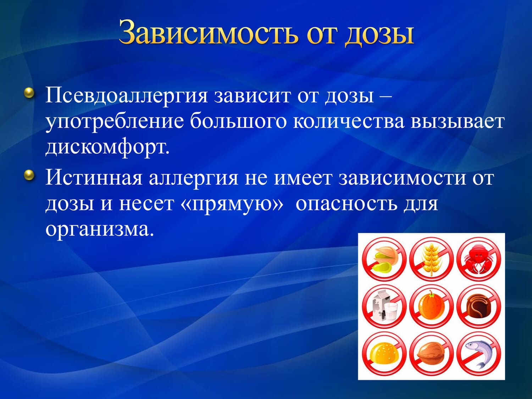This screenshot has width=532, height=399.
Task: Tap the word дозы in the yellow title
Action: [x=380, y=34]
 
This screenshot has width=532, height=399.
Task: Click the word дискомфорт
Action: [x=107, y=147]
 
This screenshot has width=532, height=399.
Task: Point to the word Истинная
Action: [x=94, y=178]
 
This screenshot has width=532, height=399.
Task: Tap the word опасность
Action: [x=347, y=204]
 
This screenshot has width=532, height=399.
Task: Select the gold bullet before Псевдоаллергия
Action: [x=29, y=93]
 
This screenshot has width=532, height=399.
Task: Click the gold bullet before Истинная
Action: [x=29, y=175]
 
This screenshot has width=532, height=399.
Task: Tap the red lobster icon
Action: [x=479, y=259]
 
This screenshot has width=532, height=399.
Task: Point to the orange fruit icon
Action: [x=431, y=306]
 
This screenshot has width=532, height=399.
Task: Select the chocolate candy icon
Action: [x=479, y=306]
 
